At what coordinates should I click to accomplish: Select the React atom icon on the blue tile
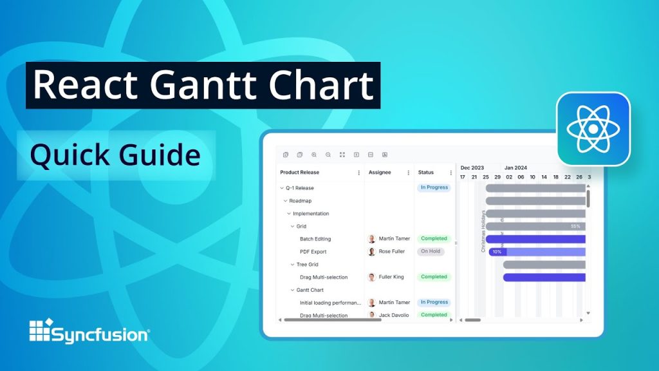tap(593, 128)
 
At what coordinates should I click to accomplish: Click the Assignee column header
tap(379, 173)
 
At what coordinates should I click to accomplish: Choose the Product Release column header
tap(299, 173)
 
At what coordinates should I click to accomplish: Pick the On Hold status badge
tap(431, 251)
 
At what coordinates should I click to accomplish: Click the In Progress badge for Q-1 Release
tap(434, 187)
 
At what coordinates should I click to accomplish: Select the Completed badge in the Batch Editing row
tap(434, 238)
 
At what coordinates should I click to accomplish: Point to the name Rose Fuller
tap(392, 252)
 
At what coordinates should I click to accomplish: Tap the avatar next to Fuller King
tap(371, 277)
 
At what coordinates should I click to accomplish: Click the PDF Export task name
tap(313, 252)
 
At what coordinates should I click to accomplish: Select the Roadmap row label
tap(300, 201)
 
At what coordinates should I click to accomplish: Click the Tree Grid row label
tap(307, 265)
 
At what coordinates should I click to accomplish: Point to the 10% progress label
tap(497, 252)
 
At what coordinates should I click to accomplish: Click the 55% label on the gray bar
tap(575, 226)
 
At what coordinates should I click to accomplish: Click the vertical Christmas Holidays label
tap(483, 231)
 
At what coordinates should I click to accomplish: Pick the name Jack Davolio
tap(393, 315)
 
